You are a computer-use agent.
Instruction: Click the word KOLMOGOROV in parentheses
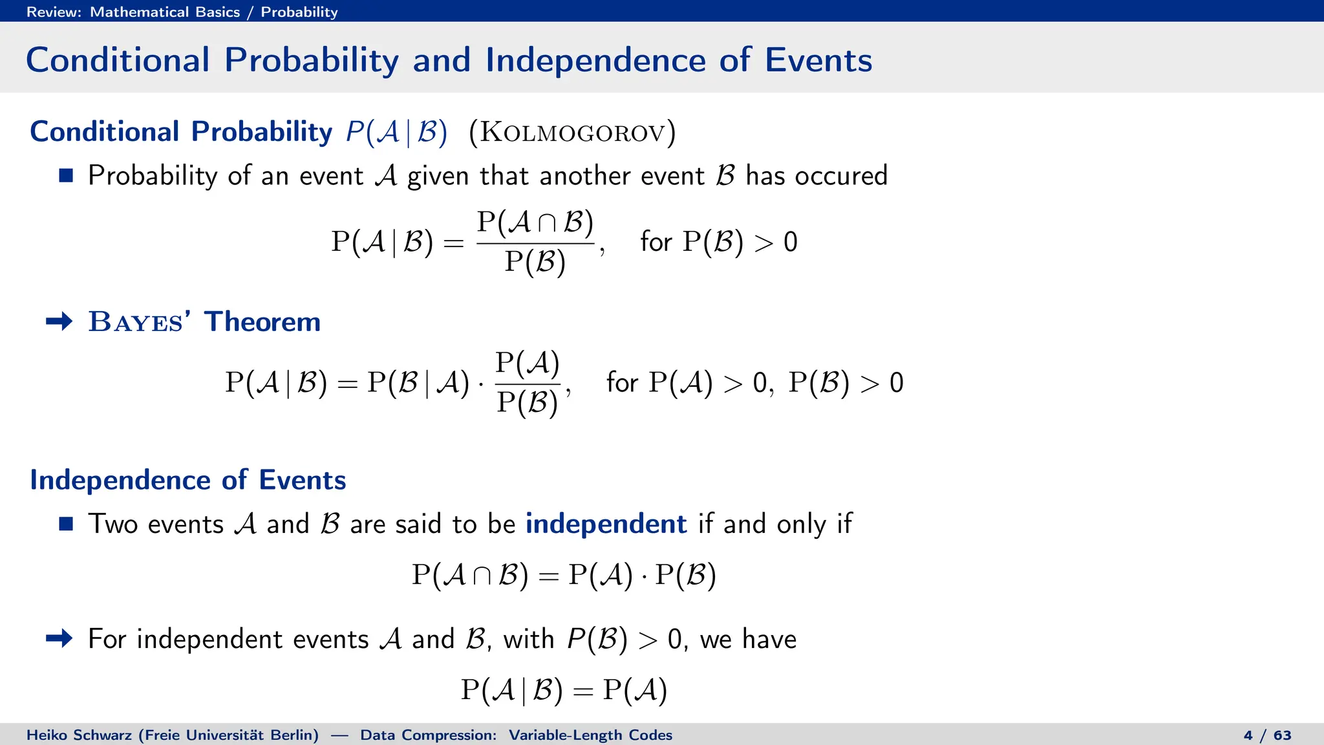[x=572, y=133]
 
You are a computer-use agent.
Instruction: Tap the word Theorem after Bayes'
[x=262, y=322]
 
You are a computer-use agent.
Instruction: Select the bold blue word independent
[x=606, y=524]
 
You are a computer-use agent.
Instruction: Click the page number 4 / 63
[x=1267, y=735]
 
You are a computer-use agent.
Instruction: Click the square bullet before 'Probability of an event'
[x=66, y=175]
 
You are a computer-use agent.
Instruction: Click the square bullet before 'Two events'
[x=66, y=523]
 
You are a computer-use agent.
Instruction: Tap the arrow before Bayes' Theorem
[x=59, y=321]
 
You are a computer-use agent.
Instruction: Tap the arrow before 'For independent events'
[x=59, y=639]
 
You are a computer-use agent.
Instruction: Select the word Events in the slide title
[x=818, y=60]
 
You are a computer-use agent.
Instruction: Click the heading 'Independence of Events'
[x=188, y=480]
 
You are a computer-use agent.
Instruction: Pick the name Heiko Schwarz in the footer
[x=80, y=735]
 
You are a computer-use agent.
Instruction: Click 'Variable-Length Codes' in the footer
[x=590, y=735]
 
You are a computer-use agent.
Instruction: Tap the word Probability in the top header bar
[x=299, y=12]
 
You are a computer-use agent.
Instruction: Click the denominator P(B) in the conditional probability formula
[x=535, y=263]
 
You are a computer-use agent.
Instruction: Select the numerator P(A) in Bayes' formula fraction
[x=528, y=363]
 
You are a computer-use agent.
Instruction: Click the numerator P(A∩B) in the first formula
[x=535, y=222]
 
